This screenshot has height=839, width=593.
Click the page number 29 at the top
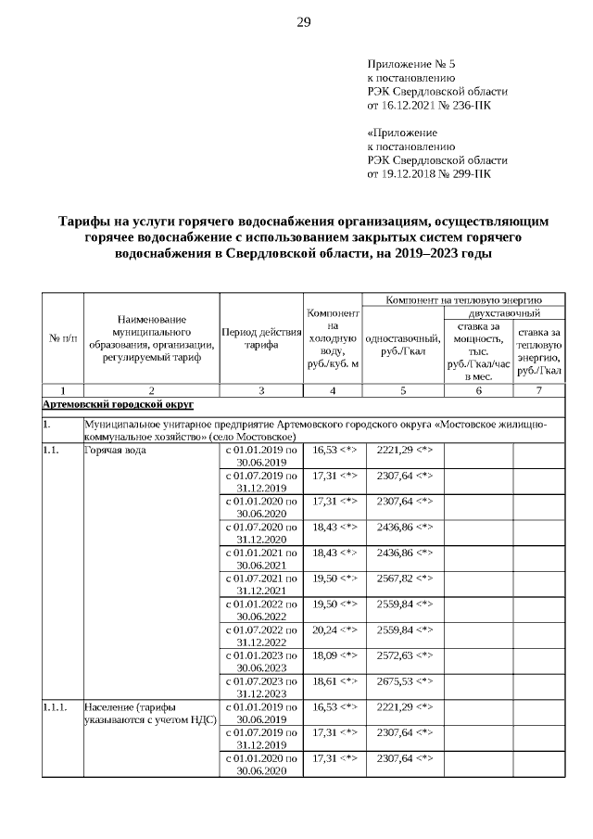(x=303, y=22)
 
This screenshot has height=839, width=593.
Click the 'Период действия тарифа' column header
(x=260, y=339)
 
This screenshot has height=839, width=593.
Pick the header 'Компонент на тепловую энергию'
(x=463, y=299)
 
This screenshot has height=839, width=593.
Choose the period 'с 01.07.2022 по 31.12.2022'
(x=260, y=635)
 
